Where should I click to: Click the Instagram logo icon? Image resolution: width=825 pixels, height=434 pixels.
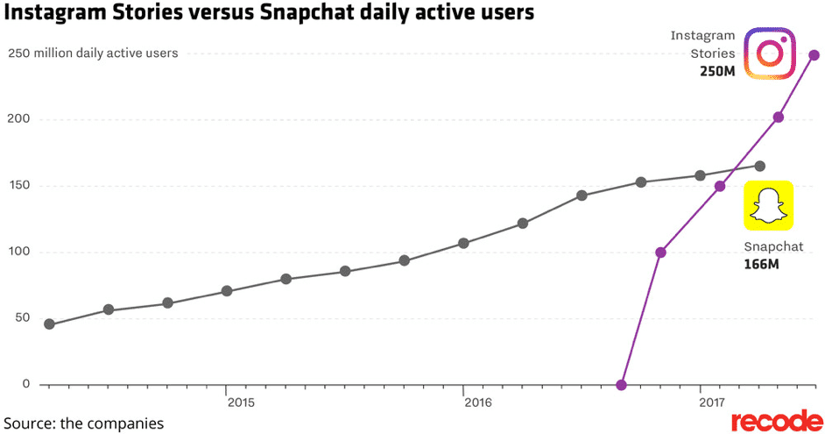[769, 53]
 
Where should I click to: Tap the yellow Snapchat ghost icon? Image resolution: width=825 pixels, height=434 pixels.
[768, 206]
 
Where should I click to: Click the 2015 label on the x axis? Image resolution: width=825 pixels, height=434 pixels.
[241, 402]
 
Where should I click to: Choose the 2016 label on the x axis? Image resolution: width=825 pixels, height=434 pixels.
[478, 402]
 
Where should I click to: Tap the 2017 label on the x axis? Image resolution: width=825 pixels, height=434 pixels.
[715, 402]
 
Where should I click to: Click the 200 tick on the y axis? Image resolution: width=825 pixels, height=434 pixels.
[18, 119]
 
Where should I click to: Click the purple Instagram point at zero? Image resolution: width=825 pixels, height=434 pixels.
[621, 384]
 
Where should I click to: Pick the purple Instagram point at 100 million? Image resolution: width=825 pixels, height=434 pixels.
[660, 253]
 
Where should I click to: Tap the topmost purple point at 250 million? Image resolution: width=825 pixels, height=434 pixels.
[814, 55]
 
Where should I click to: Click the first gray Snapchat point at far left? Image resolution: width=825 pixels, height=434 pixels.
[49, 324]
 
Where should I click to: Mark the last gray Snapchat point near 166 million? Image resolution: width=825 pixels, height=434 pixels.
[759, 166]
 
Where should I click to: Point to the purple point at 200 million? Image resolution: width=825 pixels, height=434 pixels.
[779, 117]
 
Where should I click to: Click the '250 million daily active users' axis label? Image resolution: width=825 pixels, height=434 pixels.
[93, 53]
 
